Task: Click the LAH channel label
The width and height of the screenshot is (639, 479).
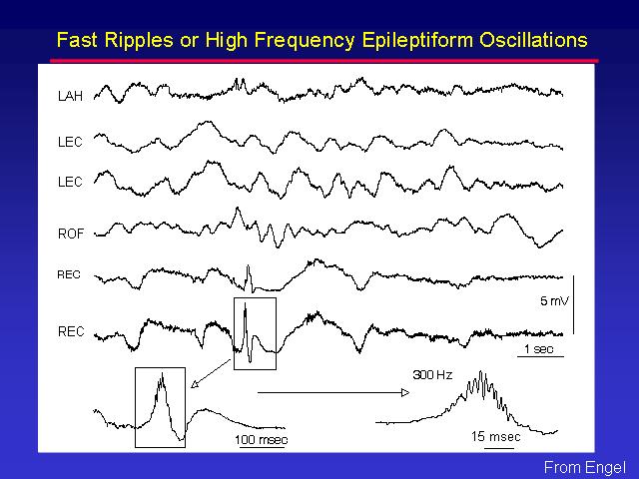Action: [x=71, y=96]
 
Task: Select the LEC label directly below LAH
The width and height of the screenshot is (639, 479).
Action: [x=71, y=142]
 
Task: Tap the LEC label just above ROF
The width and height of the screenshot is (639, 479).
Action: [x=71, y=182]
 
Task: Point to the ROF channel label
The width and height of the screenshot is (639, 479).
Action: [x=71, y=234]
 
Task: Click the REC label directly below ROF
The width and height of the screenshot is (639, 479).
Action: [x=69, y=275]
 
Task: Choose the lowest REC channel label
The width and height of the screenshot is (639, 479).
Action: [x=71, y=331]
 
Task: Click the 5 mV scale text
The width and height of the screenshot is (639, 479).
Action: [x=554, y=301]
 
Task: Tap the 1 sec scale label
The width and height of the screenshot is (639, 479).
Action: [x=539, y=349]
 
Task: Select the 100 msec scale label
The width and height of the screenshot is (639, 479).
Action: [x=262, y=440]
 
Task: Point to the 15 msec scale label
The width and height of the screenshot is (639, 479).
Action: [x=496, y=437]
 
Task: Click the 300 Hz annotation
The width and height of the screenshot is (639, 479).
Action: [x=432, y=375]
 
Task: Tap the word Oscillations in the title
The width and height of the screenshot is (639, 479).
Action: [x=533, y=40]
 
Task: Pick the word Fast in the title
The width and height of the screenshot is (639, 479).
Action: [x=77, y=40]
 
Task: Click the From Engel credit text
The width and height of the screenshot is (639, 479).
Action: [x=585, y=467]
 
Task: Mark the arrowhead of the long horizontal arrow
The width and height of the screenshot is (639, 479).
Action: [x=405, y=392]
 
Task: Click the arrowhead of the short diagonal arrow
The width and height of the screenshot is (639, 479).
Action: [x=194, y=383]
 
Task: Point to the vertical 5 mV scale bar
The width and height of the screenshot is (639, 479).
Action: [x=574, y=304]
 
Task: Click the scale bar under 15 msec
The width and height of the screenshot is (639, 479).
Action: [x=499, y=448]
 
